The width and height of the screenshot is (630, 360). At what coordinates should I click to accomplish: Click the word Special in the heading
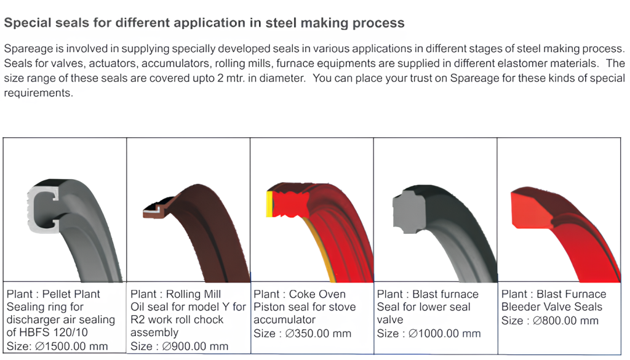click(27, 23)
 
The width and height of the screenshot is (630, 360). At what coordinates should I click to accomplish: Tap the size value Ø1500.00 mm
click(71, 346)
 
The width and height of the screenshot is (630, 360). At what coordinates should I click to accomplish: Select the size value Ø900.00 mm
click(195, 346)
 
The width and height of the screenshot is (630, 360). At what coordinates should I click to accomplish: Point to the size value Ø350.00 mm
click(318, 334)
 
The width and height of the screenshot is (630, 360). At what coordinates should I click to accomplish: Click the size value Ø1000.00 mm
click(444, 334)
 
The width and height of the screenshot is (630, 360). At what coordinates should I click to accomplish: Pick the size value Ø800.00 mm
click(566, 321)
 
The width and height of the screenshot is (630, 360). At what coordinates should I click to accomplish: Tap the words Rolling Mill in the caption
click(193, 294)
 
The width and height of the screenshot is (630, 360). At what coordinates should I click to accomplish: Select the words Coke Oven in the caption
click(317, 294)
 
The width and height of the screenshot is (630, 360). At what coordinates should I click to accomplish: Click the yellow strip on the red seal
click(269, 204)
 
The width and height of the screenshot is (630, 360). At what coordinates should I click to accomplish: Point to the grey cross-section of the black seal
click(409, 212)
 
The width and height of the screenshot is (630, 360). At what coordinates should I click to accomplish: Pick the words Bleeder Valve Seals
click(552, 307)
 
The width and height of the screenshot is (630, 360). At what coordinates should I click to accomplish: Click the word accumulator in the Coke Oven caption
click(284, 320)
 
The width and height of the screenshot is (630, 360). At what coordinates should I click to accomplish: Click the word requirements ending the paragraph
click(39, 93)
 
